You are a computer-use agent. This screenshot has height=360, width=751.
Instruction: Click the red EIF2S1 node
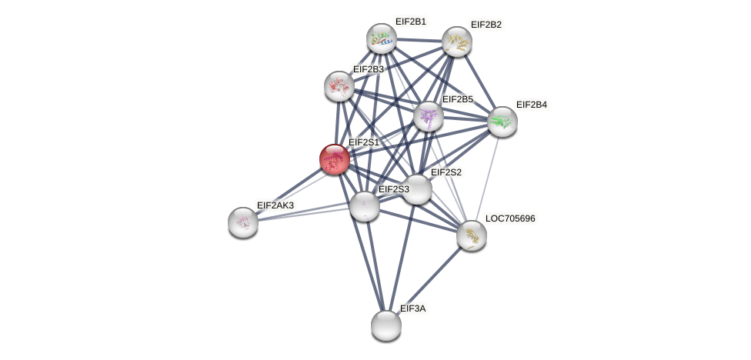click(x=335, y=159)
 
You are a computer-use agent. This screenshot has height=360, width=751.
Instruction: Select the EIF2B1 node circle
click(x=381, y=38)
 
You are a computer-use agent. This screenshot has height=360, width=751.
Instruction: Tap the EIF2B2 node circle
click(x=456, y=42)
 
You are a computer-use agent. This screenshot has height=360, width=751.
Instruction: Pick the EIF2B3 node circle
click(x=339, y=86)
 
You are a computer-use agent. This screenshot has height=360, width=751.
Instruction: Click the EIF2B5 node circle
click(x=428, y=116)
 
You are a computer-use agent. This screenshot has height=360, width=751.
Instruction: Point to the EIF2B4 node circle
click(x=502, y=122)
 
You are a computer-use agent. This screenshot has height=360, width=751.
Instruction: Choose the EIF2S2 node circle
click(x=417, y=189)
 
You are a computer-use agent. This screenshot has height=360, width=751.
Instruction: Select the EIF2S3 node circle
click(x=364, y=206)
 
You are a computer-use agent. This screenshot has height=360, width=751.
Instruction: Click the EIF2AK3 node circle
click(x=243, y=222)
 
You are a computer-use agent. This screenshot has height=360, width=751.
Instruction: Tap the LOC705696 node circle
click(x=471, y=235)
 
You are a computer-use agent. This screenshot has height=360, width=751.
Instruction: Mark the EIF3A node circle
click(x=386, y=325)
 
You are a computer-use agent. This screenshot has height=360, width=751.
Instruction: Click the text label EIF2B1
click(x=410, y=22)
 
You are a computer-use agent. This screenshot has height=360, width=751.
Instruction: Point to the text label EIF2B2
click(x=486, y=25)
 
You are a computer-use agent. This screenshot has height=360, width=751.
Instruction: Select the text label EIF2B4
click(x=531, y=105)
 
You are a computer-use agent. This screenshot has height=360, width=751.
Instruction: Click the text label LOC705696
click(x=509, y=218)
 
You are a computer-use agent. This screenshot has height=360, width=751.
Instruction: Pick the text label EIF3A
click(x=412, y=308)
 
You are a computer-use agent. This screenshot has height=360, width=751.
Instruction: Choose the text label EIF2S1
click(x=364, y=142)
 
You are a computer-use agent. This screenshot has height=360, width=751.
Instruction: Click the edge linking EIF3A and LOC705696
click(x=429, y=280)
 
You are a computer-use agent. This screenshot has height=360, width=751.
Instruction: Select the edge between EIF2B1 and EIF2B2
click(x=419, y=40)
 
